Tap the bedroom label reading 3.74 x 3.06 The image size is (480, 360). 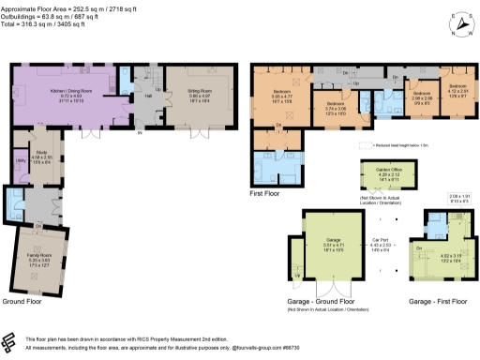click(x=336, y=108)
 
